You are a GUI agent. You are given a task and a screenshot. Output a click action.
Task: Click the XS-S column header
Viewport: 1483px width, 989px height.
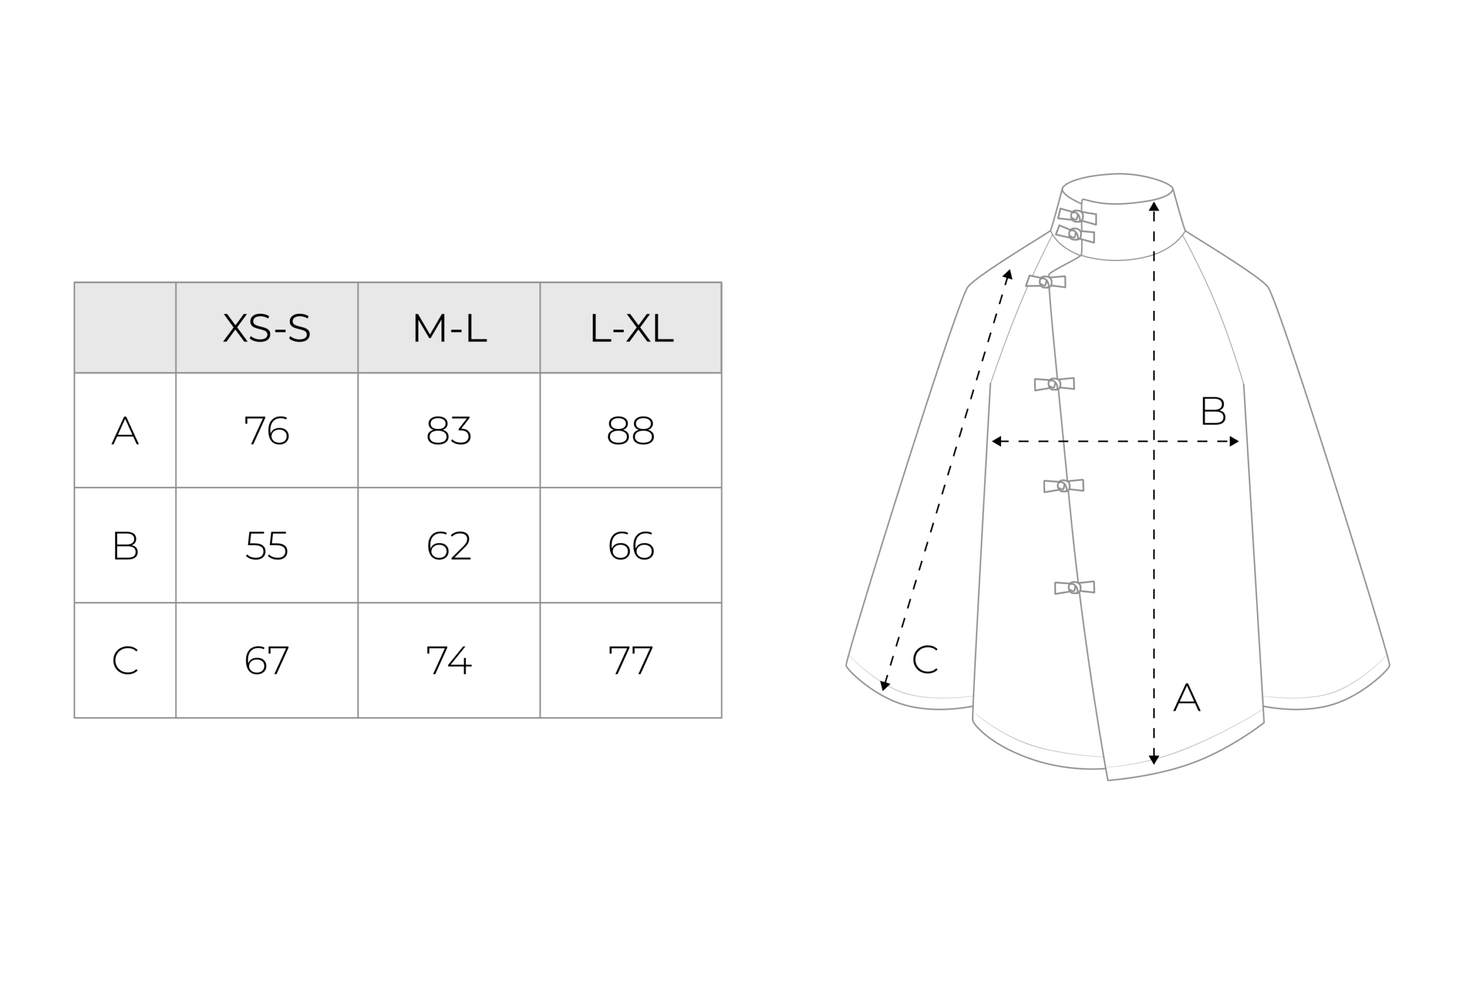pyautogui.click(x=267, y=328)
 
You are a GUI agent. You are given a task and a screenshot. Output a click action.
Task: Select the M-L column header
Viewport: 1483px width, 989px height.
pyautogui.click(x=450, y=328)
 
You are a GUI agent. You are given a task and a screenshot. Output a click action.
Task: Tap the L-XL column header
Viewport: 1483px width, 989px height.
pyautogui.click(x=631, y=328)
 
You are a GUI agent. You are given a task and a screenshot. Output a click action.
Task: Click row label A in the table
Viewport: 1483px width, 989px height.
pyautogui.click(x=125, y=430)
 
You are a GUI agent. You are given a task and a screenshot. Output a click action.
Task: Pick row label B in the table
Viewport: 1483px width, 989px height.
pyautogui.click(x=125, y=545)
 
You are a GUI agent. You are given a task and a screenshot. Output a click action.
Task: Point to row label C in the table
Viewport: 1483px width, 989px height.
pyautogui.click(x=125, y=660)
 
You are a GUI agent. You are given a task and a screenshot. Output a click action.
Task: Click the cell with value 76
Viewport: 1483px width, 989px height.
pyautogui.click(x=267, y=430)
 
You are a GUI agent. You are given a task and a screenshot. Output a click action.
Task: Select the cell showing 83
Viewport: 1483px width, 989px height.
pyautogui.click(x=450, y=430)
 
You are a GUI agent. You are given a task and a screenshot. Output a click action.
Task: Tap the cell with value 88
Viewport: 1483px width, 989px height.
pyautogui.click(x=631, y=430)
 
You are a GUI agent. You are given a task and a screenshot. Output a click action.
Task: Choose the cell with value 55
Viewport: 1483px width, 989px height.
pyautogui.click(x=267, y=545)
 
